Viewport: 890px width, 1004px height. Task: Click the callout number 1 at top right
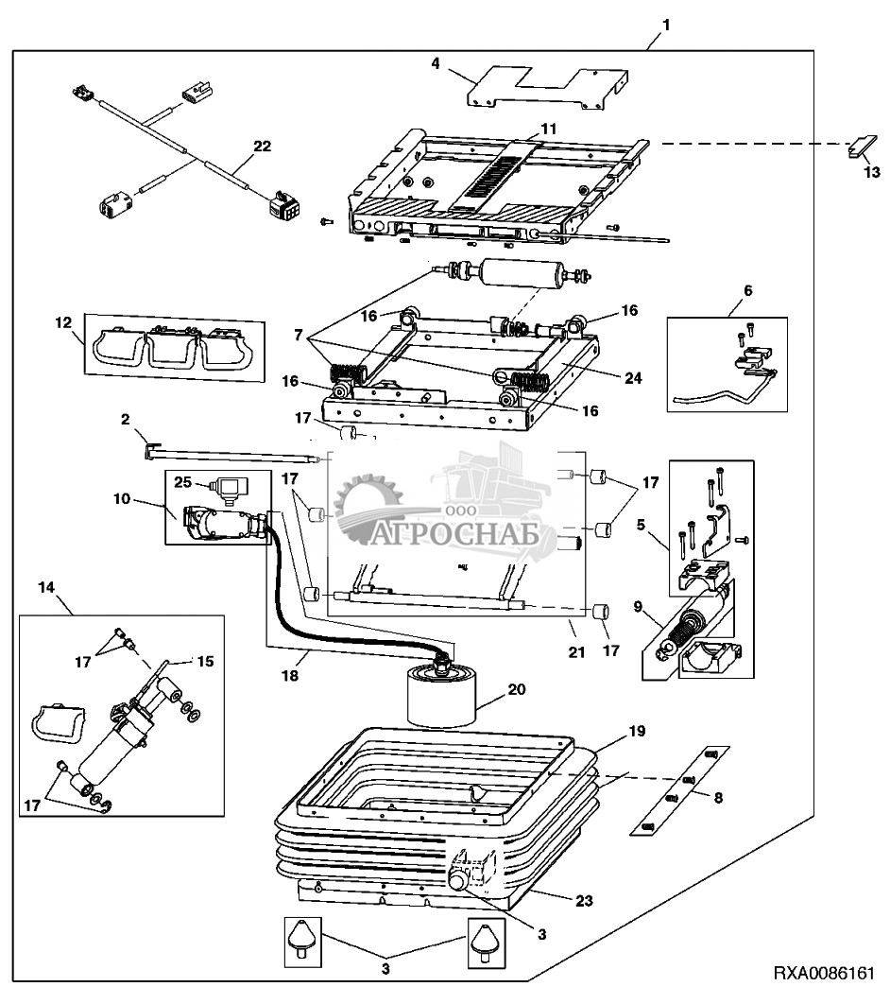[666, 25]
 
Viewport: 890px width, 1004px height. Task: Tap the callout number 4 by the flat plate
[436, 63]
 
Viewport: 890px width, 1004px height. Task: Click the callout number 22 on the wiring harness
[263, 146]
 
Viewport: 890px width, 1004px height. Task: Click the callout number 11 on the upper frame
[548, 129]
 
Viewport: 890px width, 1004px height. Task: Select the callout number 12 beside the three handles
[63, 322]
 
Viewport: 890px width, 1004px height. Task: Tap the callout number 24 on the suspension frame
[633, 378]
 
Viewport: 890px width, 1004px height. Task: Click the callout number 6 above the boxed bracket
[748, 290]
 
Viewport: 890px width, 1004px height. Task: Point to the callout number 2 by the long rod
[126, 419]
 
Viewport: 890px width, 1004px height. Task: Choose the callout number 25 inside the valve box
[183, 481]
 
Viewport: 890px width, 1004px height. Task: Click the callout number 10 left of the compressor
[122, 498]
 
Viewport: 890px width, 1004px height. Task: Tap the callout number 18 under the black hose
[290, 675]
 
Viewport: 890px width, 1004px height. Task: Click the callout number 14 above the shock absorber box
[46, 587]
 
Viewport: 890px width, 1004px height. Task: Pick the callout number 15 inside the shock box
[205, 661]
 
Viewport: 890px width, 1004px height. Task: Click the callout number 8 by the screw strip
[718, 798]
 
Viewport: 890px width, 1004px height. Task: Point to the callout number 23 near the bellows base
[584, 901]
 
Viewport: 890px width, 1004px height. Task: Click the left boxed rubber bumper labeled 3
[302, 942]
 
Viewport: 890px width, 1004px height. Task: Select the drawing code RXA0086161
[824, 974]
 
